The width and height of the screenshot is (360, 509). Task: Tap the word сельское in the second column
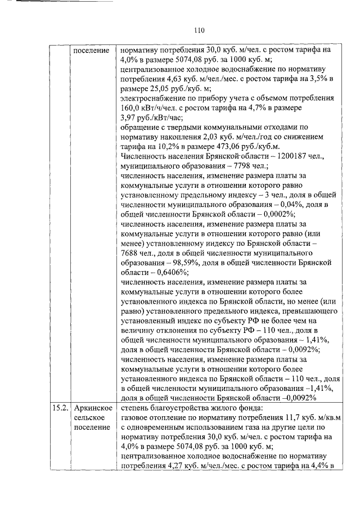pyautogui.click(x=88, y=417)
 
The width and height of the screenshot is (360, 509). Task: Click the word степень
pyautogui.click(x=137, y=408)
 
